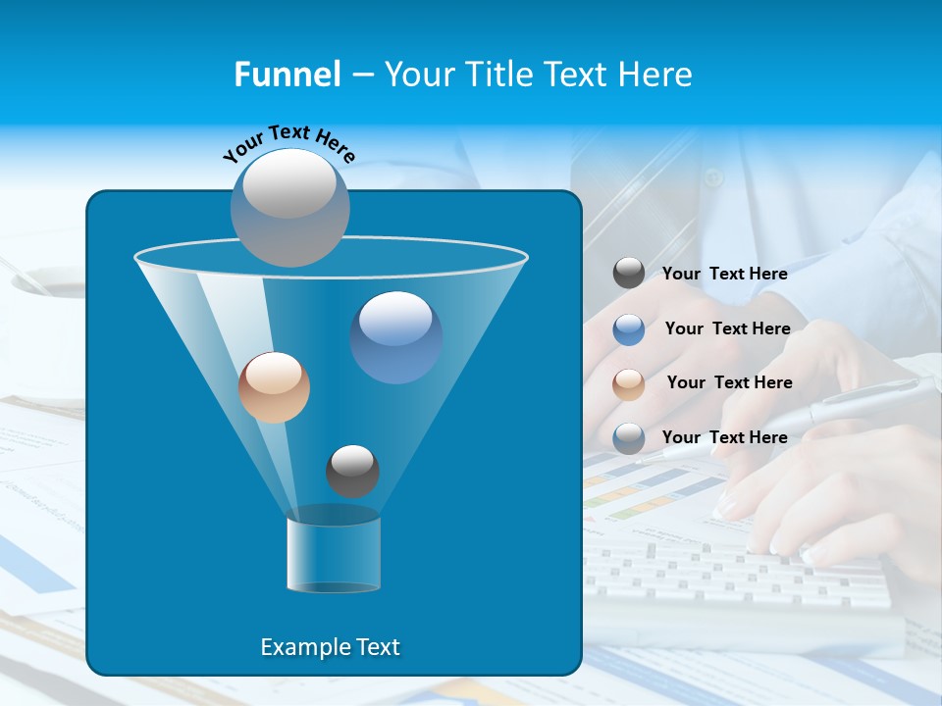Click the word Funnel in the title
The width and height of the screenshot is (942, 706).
point(288,74)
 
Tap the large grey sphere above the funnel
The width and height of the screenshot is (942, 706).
point(290,207)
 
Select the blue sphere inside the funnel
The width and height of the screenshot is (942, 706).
point(395,336)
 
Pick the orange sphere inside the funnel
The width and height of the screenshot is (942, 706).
point(274,387)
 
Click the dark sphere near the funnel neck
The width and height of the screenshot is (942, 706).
point(352,471)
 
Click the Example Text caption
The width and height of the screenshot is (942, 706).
point(331,647)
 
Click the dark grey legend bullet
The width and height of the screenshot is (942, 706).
point(629,274)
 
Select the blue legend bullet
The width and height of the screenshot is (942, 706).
point(629,328)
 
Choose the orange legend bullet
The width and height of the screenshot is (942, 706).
point(629,383)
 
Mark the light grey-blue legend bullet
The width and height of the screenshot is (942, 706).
point(629,438)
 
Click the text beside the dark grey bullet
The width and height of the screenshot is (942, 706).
point(724,274)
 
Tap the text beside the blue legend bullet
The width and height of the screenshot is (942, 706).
point(727,328)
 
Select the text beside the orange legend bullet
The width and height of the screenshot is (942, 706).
point(729,382)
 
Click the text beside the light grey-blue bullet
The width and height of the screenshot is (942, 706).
point(724,437)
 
